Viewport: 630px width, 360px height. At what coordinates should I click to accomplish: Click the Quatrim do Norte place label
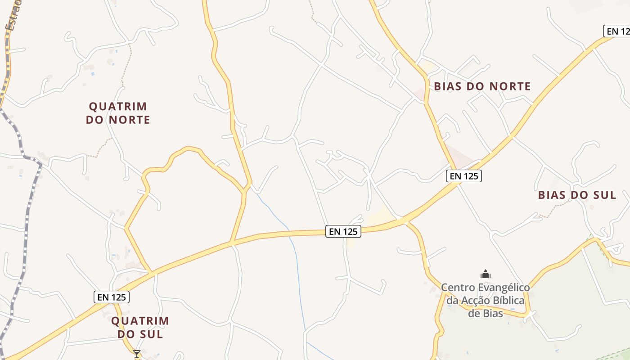[118, 113]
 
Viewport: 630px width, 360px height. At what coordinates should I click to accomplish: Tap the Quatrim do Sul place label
[140, 327]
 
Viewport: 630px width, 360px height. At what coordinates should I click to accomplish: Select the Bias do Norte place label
[482, 86]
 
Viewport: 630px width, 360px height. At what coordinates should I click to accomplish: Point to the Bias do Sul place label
[577, 195]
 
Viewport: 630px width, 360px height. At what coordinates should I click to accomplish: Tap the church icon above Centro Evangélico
[486, 274]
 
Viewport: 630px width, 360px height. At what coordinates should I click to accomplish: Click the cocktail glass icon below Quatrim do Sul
[137, 354]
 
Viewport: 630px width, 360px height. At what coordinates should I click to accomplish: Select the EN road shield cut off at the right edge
[617, 31]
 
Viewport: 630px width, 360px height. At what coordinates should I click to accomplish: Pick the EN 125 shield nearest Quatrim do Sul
[112, 297]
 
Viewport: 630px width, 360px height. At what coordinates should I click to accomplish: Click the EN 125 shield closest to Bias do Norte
[464, 176]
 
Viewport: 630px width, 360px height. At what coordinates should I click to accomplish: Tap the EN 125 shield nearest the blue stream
[343, 231]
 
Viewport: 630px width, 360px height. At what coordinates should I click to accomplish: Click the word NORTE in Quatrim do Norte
[129, 120]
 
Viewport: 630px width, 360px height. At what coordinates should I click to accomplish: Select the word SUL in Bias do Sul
[605, 195]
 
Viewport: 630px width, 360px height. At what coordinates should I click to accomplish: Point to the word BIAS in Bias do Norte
[447, 86]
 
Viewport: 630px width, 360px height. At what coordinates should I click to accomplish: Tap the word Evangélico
[504, 287]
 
